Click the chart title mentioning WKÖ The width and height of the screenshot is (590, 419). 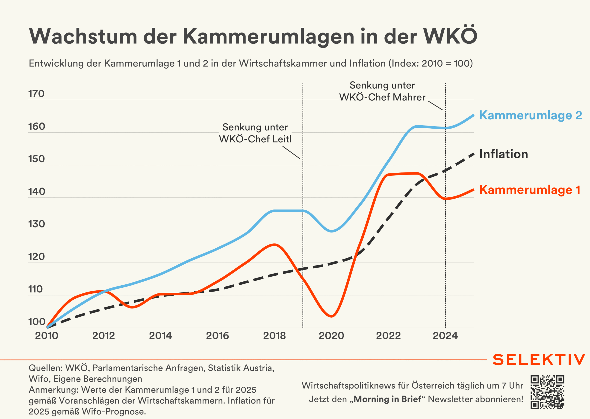click(x=253, y=36)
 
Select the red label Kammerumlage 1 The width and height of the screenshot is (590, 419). click(x=529, y=190)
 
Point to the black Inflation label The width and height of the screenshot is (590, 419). click(x=504, y=154)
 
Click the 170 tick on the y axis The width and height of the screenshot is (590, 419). click(x=36, y=94)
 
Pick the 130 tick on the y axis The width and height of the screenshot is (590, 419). click(x=37, y=224)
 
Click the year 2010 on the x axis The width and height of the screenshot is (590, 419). click(x=47, y=336)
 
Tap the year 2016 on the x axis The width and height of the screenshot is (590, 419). click(x=217, y=336)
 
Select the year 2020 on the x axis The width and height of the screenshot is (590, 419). click(x=331, y=336)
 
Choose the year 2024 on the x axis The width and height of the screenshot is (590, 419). click(x=445, y=336)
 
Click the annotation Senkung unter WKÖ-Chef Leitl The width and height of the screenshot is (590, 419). click(x=255, y=133)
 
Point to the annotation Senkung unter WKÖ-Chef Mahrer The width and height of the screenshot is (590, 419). click(x=382, y=91)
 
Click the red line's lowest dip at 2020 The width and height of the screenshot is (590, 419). click(x=331, y=316)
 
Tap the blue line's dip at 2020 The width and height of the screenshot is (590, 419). click(x=331, y=231)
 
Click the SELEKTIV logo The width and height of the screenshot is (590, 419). click(x=539, y=360)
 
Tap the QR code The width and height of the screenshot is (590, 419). click(x=547, y=392)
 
